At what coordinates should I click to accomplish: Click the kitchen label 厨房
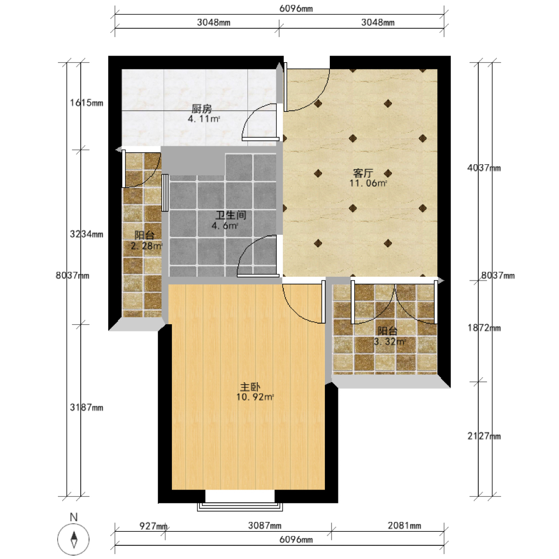(x=201, y=109)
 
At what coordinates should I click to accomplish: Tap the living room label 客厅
(x=363, y=173)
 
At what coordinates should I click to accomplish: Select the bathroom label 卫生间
(x=231, y=215)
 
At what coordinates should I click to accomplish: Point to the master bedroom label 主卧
(x=250, y=387)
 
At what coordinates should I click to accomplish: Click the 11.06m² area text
(x=368, y=183)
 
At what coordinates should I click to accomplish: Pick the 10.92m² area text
(x=255, y=397)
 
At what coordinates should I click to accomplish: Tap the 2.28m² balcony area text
(x=146, y=246)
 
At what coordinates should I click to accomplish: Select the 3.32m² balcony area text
(x=390, y=342)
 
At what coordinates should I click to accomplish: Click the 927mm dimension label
(x=153, y=526)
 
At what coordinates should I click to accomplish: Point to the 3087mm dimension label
(x=265, y=526)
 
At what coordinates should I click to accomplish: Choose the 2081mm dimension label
(x=405, y=526)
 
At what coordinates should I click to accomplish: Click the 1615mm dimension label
(x=87, y=103)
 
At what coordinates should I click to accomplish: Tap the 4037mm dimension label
(x=484, y=168)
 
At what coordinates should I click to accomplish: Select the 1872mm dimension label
(x=484, y=328)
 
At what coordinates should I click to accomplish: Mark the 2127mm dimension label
(x=484, y=436)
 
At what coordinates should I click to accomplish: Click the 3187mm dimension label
(x=87, y=407)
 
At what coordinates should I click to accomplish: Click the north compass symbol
(x=74, y=539)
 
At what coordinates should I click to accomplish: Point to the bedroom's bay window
(x=240, y=507)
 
